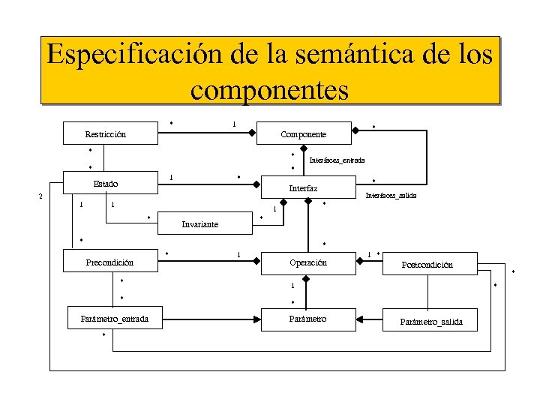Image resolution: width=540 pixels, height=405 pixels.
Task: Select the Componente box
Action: (303, 133)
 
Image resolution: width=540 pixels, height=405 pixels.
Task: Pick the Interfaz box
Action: (303, 188)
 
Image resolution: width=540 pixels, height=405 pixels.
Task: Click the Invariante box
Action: (201, 223)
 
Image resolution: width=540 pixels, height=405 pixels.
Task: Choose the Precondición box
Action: (109, 262)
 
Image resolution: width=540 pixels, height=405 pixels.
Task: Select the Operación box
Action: (307, 262)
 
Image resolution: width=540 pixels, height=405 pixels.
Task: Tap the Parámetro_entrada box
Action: (114, 319)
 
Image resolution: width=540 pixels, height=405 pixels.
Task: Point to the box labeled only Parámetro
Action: (307, 319)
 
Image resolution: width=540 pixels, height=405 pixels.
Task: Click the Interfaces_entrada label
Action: (337, 160)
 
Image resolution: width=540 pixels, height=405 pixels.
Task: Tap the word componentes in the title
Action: (269, 90)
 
